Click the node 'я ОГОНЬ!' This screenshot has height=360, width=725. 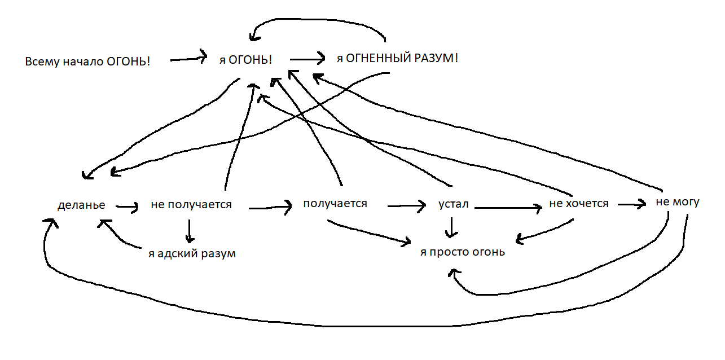point(245,59)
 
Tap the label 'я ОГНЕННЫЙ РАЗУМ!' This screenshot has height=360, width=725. point(397,58)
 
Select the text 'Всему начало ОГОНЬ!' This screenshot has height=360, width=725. point(87,62)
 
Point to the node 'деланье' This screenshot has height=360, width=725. point(81,205)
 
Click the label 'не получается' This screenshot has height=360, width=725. point(191,204)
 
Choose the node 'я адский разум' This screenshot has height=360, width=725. point(192,254)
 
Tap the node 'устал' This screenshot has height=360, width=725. point(454,204)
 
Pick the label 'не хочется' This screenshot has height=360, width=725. point(579,204)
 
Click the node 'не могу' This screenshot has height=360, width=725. point(677,202)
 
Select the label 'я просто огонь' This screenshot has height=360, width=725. point(463,252)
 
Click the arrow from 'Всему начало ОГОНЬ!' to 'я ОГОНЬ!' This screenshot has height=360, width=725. point(188,58)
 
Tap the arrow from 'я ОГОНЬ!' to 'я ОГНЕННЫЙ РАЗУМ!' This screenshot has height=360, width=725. point(308,58)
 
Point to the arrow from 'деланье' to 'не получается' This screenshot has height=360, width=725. point(127,208)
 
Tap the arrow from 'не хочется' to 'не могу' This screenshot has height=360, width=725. point(631,204)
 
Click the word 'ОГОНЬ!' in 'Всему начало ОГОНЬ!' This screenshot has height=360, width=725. point(129,62)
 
